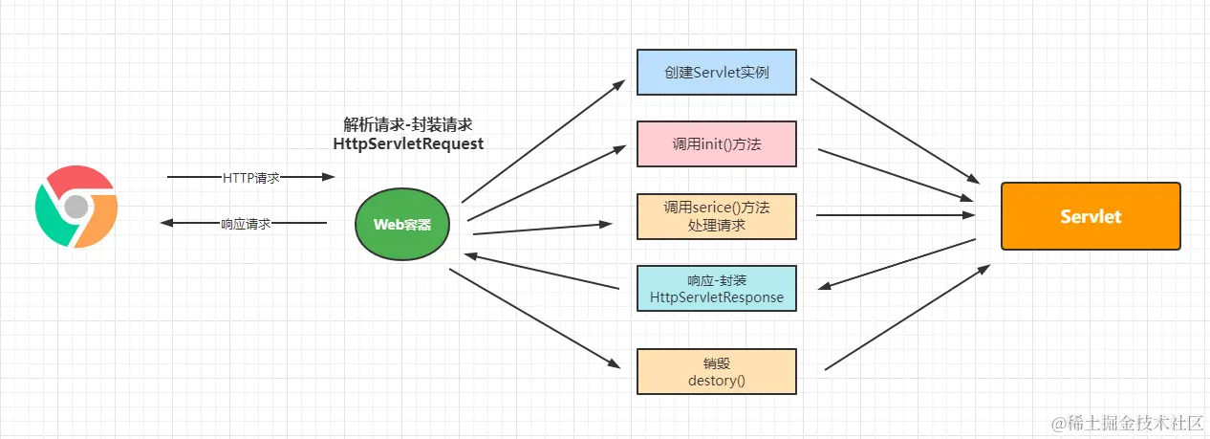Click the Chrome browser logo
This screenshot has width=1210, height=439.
[76, 206]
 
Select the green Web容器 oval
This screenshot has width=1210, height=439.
[402, 225]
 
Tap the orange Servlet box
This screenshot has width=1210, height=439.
[1091, 216]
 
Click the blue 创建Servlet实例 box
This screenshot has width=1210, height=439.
[716, 72]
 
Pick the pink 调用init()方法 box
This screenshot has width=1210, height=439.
[716, 144]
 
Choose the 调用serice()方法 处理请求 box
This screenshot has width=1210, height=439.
[716, 216]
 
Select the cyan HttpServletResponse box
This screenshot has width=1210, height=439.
[716, 289]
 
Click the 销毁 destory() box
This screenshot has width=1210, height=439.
[716, 371]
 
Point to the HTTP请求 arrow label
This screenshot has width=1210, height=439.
[250, 177]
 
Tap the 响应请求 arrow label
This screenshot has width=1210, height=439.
[246, 224]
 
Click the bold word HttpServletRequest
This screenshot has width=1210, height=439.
[407, 143]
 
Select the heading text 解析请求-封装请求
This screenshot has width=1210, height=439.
[408, 124]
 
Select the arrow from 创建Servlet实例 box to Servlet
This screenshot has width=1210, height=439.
[895, 130]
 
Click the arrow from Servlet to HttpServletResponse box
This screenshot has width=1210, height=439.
[898, 263]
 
